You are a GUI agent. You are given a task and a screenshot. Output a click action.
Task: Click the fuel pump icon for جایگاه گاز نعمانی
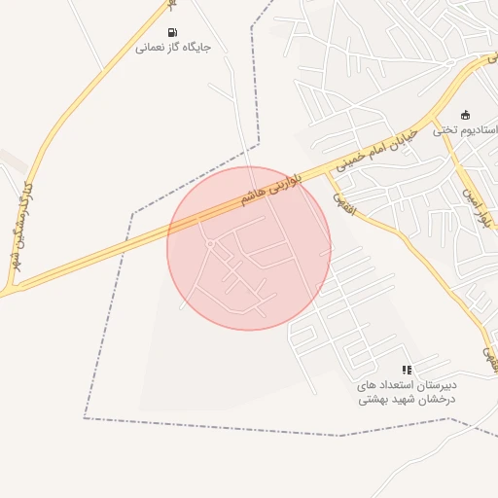pos(173,32)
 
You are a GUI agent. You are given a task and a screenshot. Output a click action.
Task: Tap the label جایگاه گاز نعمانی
pos(173,47)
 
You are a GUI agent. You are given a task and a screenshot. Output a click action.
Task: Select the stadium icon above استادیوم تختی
pos(465,115)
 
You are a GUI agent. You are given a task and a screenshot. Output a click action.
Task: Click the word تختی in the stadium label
pos(445,129)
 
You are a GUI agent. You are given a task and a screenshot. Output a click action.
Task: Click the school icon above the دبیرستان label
pos(407,370)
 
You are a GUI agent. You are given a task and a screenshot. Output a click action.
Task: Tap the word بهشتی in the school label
pos(373,400)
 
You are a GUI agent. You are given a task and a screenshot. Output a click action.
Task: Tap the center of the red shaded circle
pos(249,248)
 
